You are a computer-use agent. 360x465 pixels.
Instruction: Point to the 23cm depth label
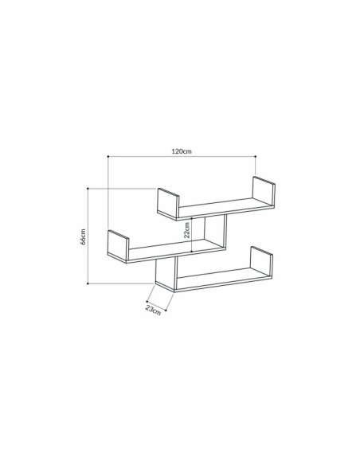(x=154, y=309)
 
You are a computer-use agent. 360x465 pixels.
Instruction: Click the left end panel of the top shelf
(x=167, y=203)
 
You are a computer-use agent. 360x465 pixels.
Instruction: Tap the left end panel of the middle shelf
(x=118, y=245)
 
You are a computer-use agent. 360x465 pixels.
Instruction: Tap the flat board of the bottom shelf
(x=215, y=280)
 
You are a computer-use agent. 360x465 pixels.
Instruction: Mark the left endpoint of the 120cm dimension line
(x=108, y=157)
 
